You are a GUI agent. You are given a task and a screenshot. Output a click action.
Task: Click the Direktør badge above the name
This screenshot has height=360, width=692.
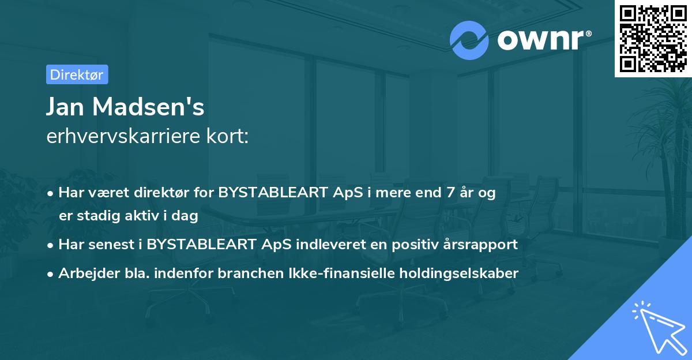pyautogui.click(x=77, y=74)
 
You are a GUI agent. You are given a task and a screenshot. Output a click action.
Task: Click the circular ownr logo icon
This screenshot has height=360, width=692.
pyautogui.click(x=469, y=40)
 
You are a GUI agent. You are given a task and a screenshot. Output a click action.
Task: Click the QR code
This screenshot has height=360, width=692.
pyautogui.click(x=653, y=38)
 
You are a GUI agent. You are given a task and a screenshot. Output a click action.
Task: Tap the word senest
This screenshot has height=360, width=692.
pyautogui.click(x=112, y=245)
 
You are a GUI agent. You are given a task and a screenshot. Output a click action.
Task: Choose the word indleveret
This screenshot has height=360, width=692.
pyautogui.click(x=330, y=245)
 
